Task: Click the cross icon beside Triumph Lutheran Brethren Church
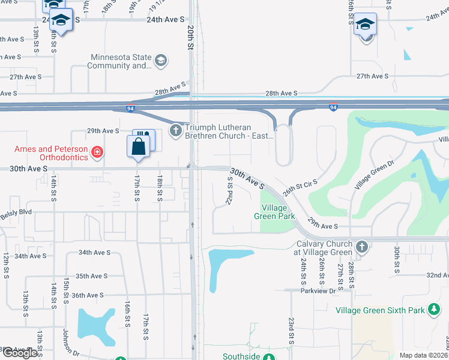pos(176,130)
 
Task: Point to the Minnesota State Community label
pos(119,62)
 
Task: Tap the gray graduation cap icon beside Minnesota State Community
pos(160,60)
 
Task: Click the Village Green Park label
pos(274,212)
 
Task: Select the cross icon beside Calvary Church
pos(361,247)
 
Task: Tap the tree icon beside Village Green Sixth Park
pos(434,310)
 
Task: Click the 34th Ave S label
pos(31,256)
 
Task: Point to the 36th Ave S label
pos(88,295)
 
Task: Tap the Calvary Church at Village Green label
pos(325,248)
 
